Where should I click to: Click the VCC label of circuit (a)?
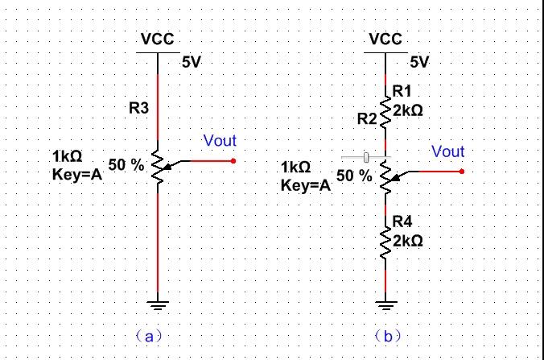pyautogui.click(x=157, y=39)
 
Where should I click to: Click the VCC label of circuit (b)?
pyautogui.click(x=385, y=39)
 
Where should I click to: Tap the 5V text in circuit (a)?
pyautogui.click(x=192, y=61)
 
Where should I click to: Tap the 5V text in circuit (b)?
pyautogui.click(x=419, y=61)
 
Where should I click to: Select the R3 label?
pyautogui.click(x=139, y=108)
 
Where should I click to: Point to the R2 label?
pyautogui.click(x=367, y=119)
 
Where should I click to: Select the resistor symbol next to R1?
pyautogui.click(x=386, y=111)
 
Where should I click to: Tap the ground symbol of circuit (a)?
pyautogui.click(x=158, y=305)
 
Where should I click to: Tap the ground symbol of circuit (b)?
pyautogui.click(x=386, y=305)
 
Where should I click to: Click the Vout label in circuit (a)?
pyautogui.click(x=220, y=141)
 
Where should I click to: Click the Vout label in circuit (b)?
pyautogui.click(x=447, y=151)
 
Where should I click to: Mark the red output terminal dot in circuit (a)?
pyautogui.click(x=233, y=161)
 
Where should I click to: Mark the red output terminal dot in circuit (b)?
pyautogui.click(x=462, y=172)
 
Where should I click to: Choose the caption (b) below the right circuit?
pyautogui.click(x=387, y=336)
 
